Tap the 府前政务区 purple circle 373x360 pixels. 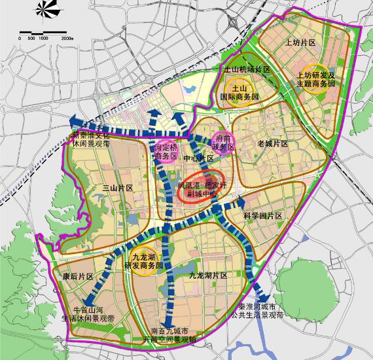coord(223,142)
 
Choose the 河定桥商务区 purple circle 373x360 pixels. coord(166,152)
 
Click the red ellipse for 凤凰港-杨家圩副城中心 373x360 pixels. coord(202,190)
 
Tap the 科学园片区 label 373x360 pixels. coord(262,215)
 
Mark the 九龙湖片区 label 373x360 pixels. coord(206,276)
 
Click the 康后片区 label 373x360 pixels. coord(72,276)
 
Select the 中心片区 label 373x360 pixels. coord(198,158)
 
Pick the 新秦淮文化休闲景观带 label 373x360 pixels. coord(93,139)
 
